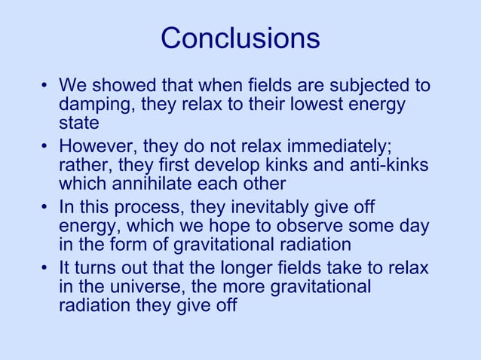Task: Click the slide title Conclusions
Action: click(240, 38)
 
